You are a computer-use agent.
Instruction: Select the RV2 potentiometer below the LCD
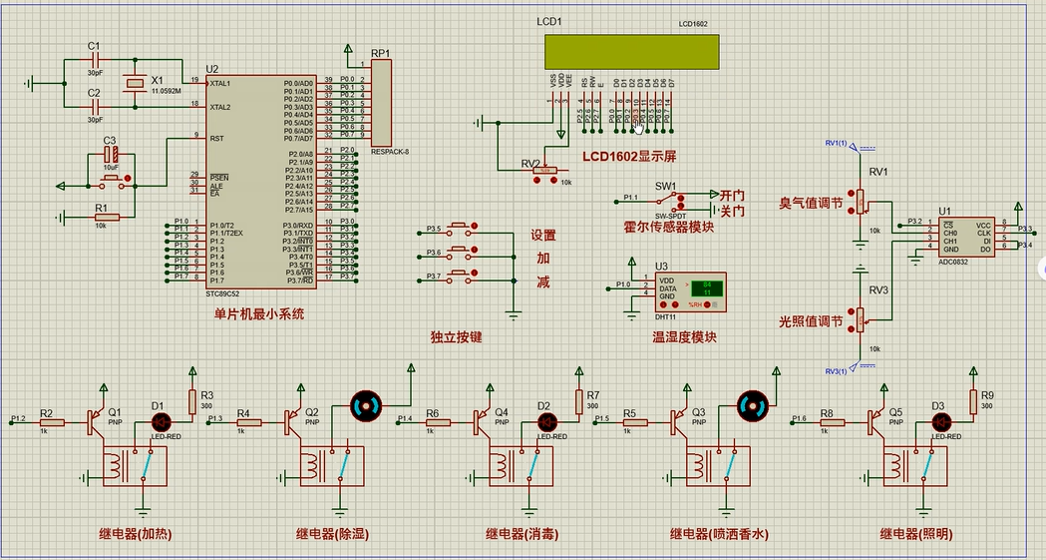(x=545, y=170)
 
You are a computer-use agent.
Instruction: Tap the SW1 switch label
(x=665, y=186)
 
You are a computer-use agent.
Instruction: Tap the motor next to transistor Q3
(x=751, y=404)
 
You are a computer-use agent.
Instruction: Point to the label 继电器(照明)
(x=913, y=534)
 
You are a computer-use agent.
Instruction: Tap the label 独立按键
(x=457, y=337)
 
